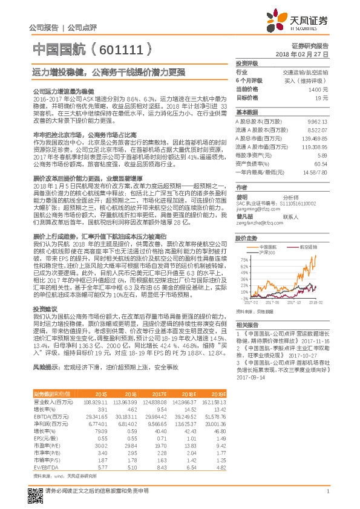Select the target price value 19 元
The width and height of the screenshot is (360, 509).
point(321,97)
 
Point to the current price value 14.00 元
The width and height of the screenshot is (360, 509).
point(318,89)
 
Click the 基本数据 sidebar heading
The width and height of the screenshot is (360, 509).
point(247,112)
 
